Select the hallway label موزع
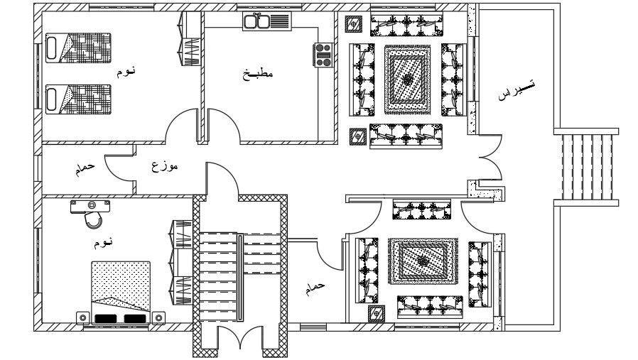(x=165, y=168)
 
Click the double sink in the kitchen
(x=256, y=22)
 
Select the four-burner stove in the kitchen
(x=324, y=55)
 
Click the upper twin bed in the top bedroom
(x=78, y=48)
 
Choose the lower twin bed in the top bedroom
(x=78, y=99)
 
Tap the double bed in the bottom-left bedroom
(x=120, y=291)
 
